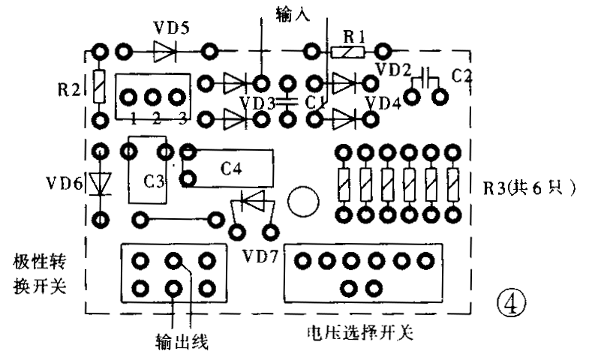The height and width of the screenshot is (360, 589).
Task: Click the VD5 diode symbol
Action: [x=165, y=51]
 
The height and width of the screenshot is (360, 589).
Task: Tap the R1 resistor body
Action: [x=350, y=52]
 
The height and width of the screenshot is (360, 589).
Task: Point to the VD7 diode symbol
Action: [x=253, y=200]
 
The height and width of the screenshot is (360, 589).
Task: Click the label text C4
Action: [x=230, y=168]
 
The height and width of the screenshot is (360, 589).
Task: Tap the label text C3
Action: [x=155, y=181]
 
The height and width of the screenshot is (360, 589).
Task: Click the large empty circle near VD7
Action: [x=305, y=199]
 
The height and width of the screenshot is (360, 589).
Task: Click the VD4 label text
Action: [x=383, y=101]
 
